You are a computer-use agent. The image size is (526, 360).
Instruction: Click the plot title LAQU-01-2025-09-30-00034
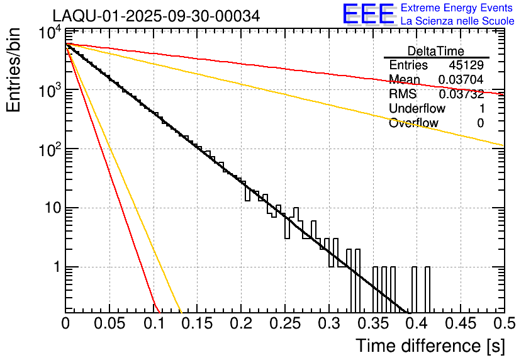tap(156, 16)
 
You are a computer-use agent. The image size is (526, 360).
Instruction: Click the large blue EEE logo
tap(368, 14)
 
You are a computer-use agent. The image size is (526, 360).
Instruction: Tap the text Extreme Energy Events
tap(457, 8)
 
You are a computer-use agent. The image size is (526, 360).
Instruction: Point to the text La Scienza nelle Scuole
tap(457, 21)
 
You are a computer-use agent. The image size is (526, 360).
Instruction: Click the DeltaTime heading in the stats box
tap(435, 51)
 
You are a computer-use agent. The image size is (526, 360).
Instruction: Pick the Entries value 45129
tap(466, 65)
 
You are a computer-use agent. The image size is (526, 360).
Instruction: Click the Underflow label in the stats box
tap(417, 109)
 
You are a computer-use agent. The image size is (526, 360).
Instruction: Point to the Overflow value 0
tap(480, 123)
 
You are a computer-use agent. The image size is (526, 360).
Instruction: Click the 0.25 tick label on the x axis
tap(284, 323)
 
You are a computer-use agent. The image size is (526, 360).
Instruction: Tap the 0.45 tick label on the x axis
tap(459, 323)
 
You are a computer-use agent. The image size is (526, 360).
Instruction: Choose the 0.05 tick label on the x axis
tap(109, 323)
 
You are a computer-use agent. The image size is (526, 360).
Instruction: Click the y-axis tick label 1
tap(55, 267)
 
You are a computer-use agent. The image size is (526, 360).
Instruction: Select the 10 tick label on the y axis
tap(52, 208)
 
